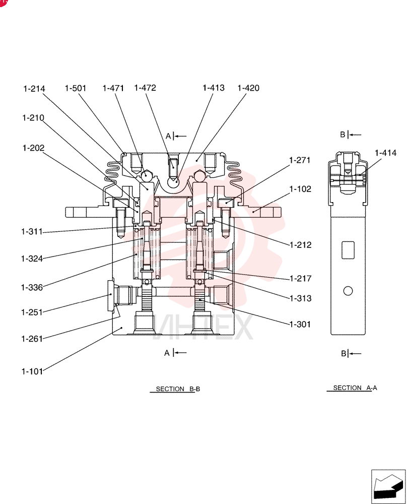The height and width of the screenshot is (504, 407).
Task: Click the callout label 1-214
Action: [34, 89]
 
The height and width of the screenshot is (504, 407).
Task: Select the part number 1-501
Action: [76, 88]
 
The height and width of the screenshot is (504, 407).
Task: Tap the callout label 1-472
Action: [145, 88]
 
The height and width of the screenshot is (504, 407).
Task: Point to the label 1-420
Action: [248, 88]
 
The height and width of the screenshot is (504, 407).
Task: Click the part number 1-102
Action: [300, 189]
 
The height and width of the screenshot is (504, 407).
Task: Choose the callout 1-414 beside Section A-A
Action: [385, 153]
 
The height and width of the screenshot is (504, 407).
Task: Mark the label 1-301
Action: [300, 324]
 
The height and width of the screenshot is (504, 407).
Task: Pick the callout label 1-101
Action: [32, 371]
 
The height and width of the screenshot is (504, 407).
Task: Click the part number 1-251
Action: [32, 312]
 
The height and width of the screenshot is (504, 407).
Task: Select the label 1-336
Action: [32, 287]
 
